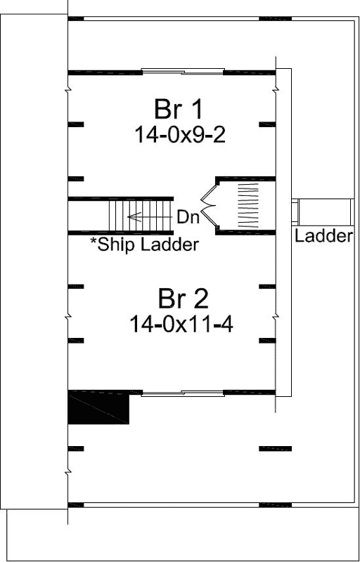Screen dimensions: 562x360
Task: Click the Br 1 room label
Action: point(179,110)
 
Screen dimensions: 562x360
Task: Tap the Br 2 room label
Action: point(182,299)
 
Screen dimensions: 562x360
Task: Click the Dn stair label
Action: point(188,217)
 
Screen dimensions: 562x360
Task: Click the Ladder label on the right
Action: point(323,236)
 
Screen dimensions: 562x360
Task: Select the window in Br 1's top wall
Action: point(183,70)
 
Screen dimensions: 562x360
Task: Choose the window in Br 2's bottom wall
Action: point(182,392)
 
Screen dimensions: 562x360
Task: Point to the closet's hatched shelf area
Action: point(250,205)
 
